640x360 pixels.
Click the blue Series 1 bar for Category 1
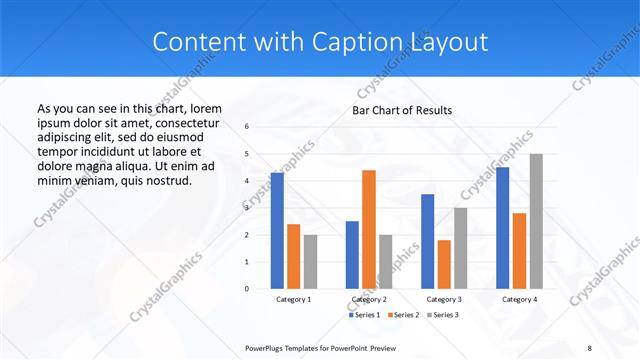[x=277, y=231]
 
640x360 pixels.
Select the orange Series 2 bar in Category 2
[x=369, y=229]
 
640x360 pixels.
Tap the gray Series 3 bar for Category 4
[x=536, y=221]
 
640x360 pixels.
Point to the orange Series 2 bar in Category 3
[x=444, y=264]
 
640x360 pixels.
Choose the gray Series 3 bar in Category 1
[x=310, y=262]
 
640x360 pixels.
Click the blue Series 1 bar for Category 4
[x=502, y=228]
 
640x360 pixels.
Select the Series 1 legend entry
[x=364, y=315]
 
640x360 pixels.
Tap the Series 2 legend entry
[x=403, y=315]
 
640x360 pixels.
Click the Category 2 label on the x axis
[x=369, y=299]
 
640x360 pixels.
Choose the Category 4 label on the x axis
[x=519, y=299]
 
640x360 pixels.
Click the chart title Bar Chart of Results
[x=402, y=110]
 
